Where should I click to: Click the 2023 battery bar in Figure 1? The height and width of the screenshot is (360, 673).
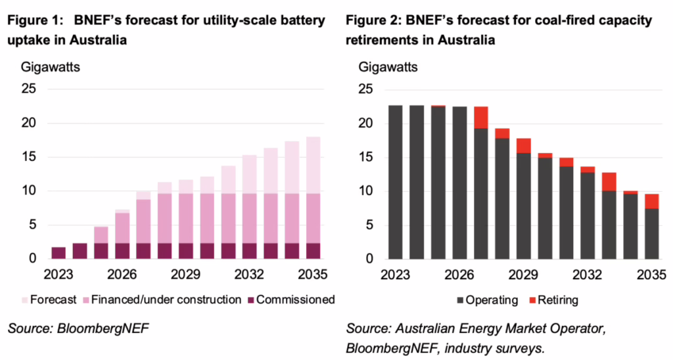58,253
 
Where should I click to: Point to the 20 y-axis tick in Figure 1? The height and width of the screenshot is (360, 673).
30,123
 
